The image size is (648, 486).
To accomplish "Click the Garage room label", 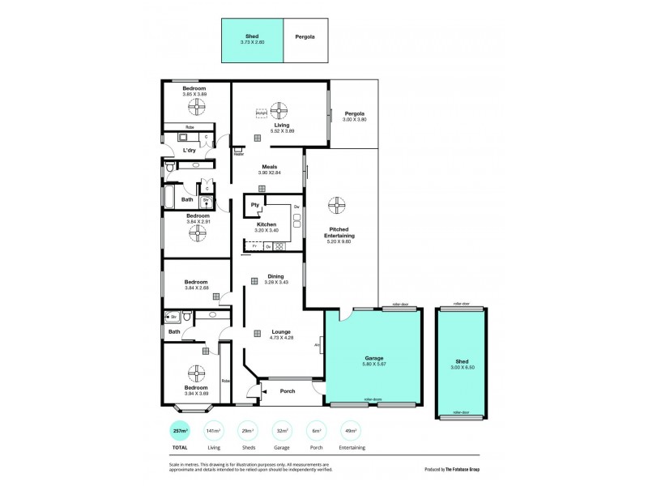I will [373, 358].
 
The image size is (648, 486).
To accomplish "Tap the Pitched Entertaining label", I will [339, 232].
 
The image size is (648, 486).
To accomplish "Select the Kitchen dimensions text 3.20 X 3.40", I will [266, 231].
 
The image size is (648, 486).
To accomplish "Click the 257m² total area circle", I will [179, 430].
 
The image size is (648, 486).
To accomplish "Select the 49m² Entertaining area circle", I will [350, 430].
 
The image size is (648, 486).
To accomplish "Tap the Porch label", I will [286, 391].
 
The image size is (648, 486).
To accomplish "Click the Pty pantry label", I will [254, 205].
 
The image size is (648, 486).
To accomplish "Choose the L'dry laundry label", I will [189, 150].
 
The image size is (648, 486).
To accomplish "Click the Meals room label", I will [269, 167].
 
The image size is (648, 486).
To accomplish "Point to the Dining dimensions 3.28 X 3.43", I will [275, 282].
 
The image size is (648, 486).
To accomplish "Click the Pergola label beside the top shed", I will [305, 37].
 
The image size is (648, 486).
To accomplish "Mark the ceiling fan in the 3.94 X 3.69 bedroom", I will [197, 373].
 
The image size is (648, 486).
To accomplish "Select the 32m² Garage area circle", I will [282, 430].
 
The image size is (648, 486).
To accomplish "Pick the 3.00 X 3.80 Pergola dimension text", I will [354, 119].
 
